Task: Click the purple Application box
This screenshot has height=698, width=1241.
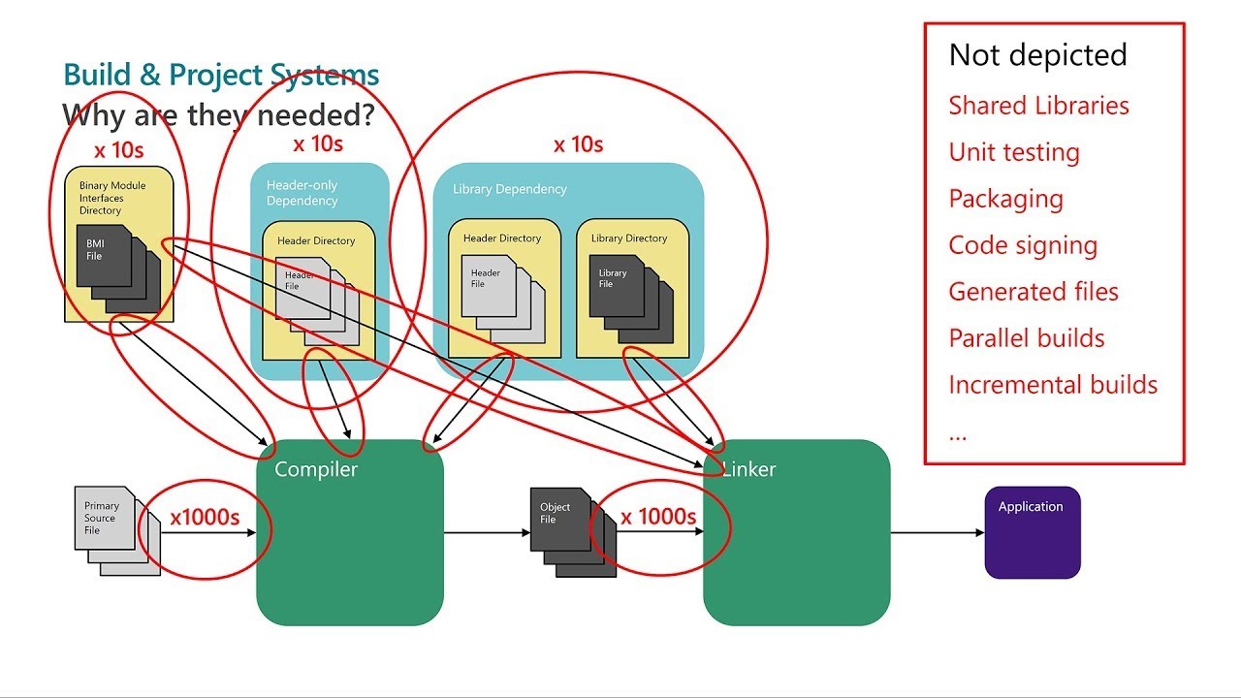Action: [1033, 532]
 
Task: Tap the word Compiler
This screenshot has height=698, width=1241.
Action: [316, 470]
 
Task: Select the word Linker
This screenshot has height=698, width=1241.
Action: [749, 470]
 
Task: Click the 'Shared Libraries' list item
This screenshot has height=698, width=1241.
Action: [1038, 106]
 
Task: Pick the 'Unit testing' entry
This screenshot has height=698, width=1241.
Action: [1014, 152]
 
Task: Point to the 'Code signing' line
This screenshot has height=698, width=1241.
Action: [1023, 245]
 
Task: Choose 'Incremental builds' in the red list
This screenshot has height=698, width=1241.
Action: [1053, 385]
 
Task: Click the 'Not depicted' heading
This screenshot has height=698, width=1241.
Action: [1037, 55]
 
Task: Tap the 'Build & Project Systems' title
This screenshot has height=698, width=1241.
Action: [221, 75]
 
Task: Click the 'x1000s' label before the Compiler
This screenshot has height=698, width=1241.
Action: [205, 518]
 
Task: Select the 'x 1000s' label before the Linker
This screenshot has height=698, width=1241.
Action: [658, 518]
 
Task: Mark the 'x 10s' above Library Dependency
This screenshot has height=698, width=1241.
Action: [578, 144]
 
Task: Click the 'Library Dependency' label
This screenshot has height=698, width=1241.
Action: [510, 189]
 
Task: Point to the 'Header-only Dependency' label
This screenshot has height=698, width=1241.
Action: [302, 193]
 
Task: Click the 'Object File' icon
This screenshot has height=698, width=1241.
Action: [558, 519]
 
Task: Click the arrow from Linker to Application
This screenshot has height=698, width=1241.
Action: [937, 532]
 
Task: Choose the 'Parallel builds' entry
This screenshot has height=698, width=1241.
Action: [1027, 338]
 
